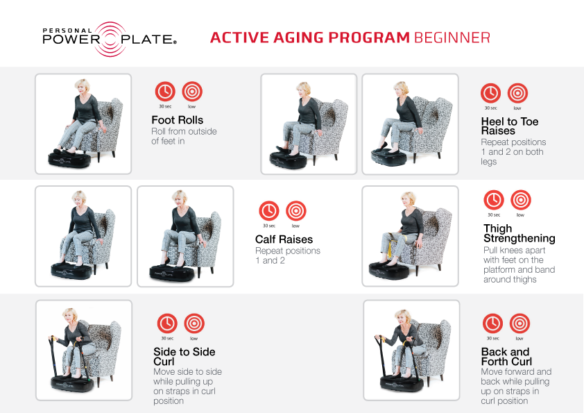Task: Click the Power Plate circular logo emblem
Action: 110,39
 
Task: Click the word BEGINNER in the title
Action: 452,37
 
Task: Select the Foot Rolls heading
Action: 178,120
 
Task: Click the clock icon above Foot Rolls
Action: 165,92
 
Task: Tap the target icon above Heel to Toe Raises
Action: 517,93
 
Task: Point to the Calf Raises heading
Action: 284,239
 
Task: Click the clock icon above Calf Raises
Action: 269,211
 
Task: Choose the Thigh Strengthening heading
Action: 519,233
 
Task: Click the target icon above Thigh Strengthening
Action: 521,200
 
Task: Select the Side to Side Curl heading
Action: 184,357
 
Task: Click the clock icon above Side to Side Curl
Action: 167,323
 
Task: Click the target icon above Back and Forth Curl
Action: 519,323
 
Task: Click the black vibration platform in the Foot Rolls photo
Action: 69,159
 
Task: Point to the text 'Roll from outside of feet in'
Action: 184,136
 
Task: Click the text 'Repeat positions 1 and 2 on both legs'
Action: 513,152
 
